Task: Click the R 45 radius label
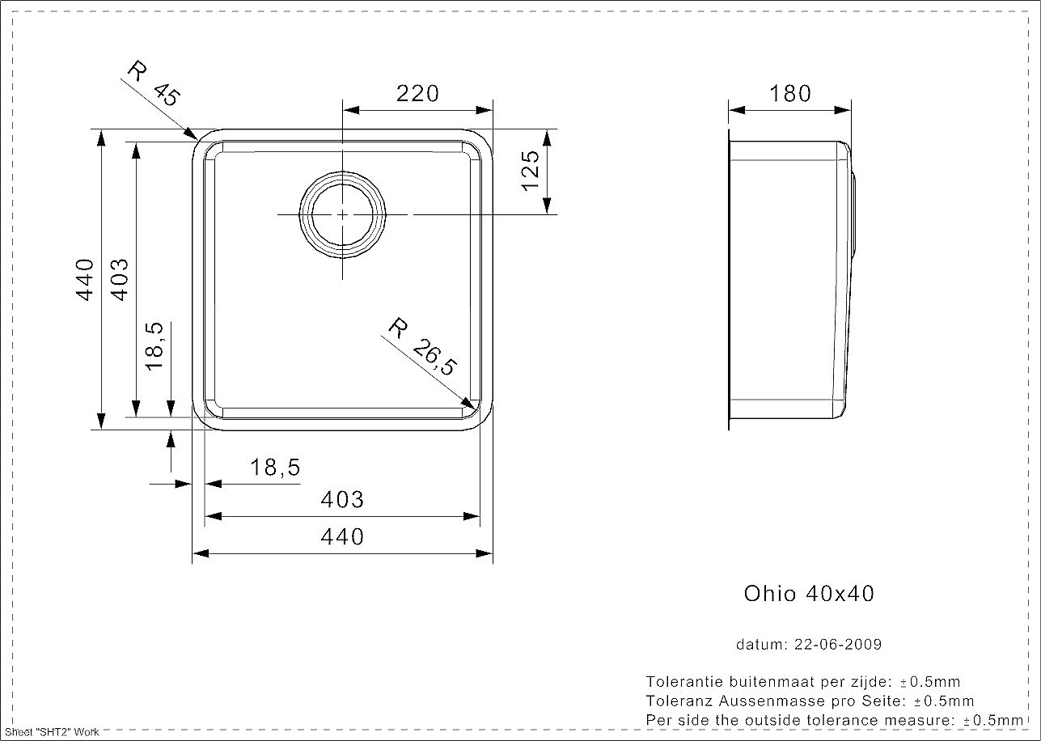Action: [x=154, y=83]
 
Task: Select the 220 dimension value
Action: [x=417, y=94]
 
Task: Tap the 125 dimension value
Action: [x=531, y=171]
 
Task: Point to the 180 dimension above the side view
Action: [x=790, y=94]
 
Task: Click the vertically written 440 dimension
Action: [x=85, y=280]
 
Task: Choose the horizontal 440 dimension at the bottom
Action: [x=342, y=537]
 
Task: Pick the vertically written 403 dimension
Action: [x=120, y=280]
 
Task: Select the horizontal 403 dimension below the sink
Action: [x=342, y=500]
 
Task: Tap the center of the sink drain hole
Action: [x=342, y=214]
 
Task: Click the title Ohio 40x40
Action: [x=809, y=594]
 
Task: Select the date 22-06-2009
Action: [x=838, y=644]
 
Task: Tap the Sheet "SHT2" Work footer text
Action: [x=52, y=733]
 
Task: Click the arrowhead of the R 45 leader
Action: [x=192, y=134]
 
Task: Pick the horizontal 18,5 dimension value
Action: [x=275, y=468]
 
